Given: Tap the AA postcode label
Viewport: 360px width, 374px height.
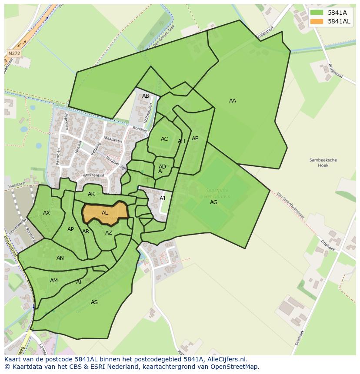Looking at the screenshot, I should coord(233,101).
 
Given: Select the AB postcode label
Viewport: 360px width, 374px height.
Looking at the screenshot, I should coord(146,96).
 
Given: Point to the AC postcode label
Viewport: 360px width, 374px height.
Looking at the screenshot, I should coord(164,139).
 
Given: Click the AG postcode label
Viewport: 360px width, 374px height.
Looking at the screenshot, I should coord(213,202).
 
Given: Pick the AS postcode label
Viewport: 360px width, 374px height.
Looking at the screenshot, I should coord(94,302).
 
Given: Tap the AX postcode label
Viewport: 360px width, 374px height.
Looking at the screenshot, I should coord(47,213).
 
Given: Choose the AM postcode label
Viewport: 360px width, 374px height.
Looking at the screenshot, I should coord(54,281).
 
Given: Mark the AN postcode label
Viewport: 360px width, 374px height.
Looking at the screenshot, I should coord(60,258).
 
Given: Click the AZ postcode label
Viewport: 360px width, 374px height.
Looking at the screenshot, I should coord(109,233).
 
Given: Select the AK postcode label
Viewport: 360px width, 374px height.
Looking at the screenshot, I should coord(91,194).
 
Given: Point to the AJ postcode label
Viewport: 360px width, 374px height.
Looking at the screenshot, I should coord(163,199).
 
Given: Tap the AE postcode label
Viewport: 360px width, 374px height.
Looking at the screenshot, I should coord(195,139).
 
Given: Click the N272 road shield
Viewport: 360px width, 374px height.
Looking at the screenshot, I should coord(14,53).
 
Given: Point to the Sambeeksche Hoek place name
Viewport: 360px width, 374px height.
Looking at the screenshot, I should coord(323,162).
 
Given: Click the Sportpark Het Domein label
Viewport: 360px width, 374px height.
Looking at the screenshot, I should coord(217,193).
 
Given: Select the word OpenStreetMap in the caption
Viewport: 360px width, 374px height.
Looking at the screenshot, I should coord(235,367).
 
